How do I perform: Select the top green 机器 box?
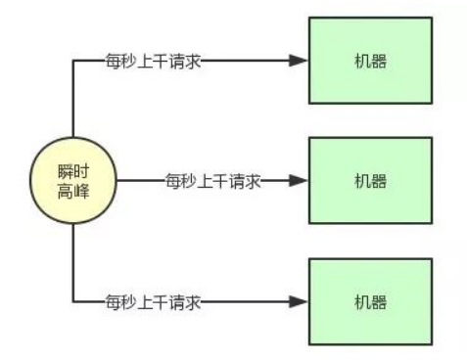pyautogui.click(x=370, y=60)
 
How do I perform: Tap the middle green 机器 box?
pyautogui.click(x=370, y=181)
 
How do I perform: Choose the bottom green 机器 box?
pyautogui.click(x=370, y=302)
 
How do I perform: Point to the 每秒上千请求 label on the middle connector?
pyautogui.click(x=213, y=181)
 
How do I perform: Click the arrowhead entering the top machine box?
pyautogui.click(x=299, y=61)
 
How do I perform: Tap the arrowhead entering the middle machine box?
pyautogui.click(x=299, y=181)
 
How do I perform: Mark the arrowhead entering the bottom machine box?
pyautogui.click(x=299, y=302)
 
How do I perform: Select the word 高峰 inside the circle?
pyautogui.click(x=73, y=190)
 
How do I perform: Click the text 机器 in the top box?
pyautogui.click(x=370, y=61)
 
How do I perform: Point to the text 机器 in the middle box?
pyautogui.click(x=370, y=181)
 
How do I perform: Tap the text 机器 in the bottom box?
pyautogui.click(x=370, y=302)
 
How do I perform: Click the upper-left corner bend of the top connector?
pyautogui.click(x=73, y=61)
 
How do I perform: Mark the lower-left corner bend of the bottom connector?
pyautogui.click(x=73, y=302)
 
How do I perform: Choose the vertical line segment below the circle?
pyautogui.click(x=73, y=259)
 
